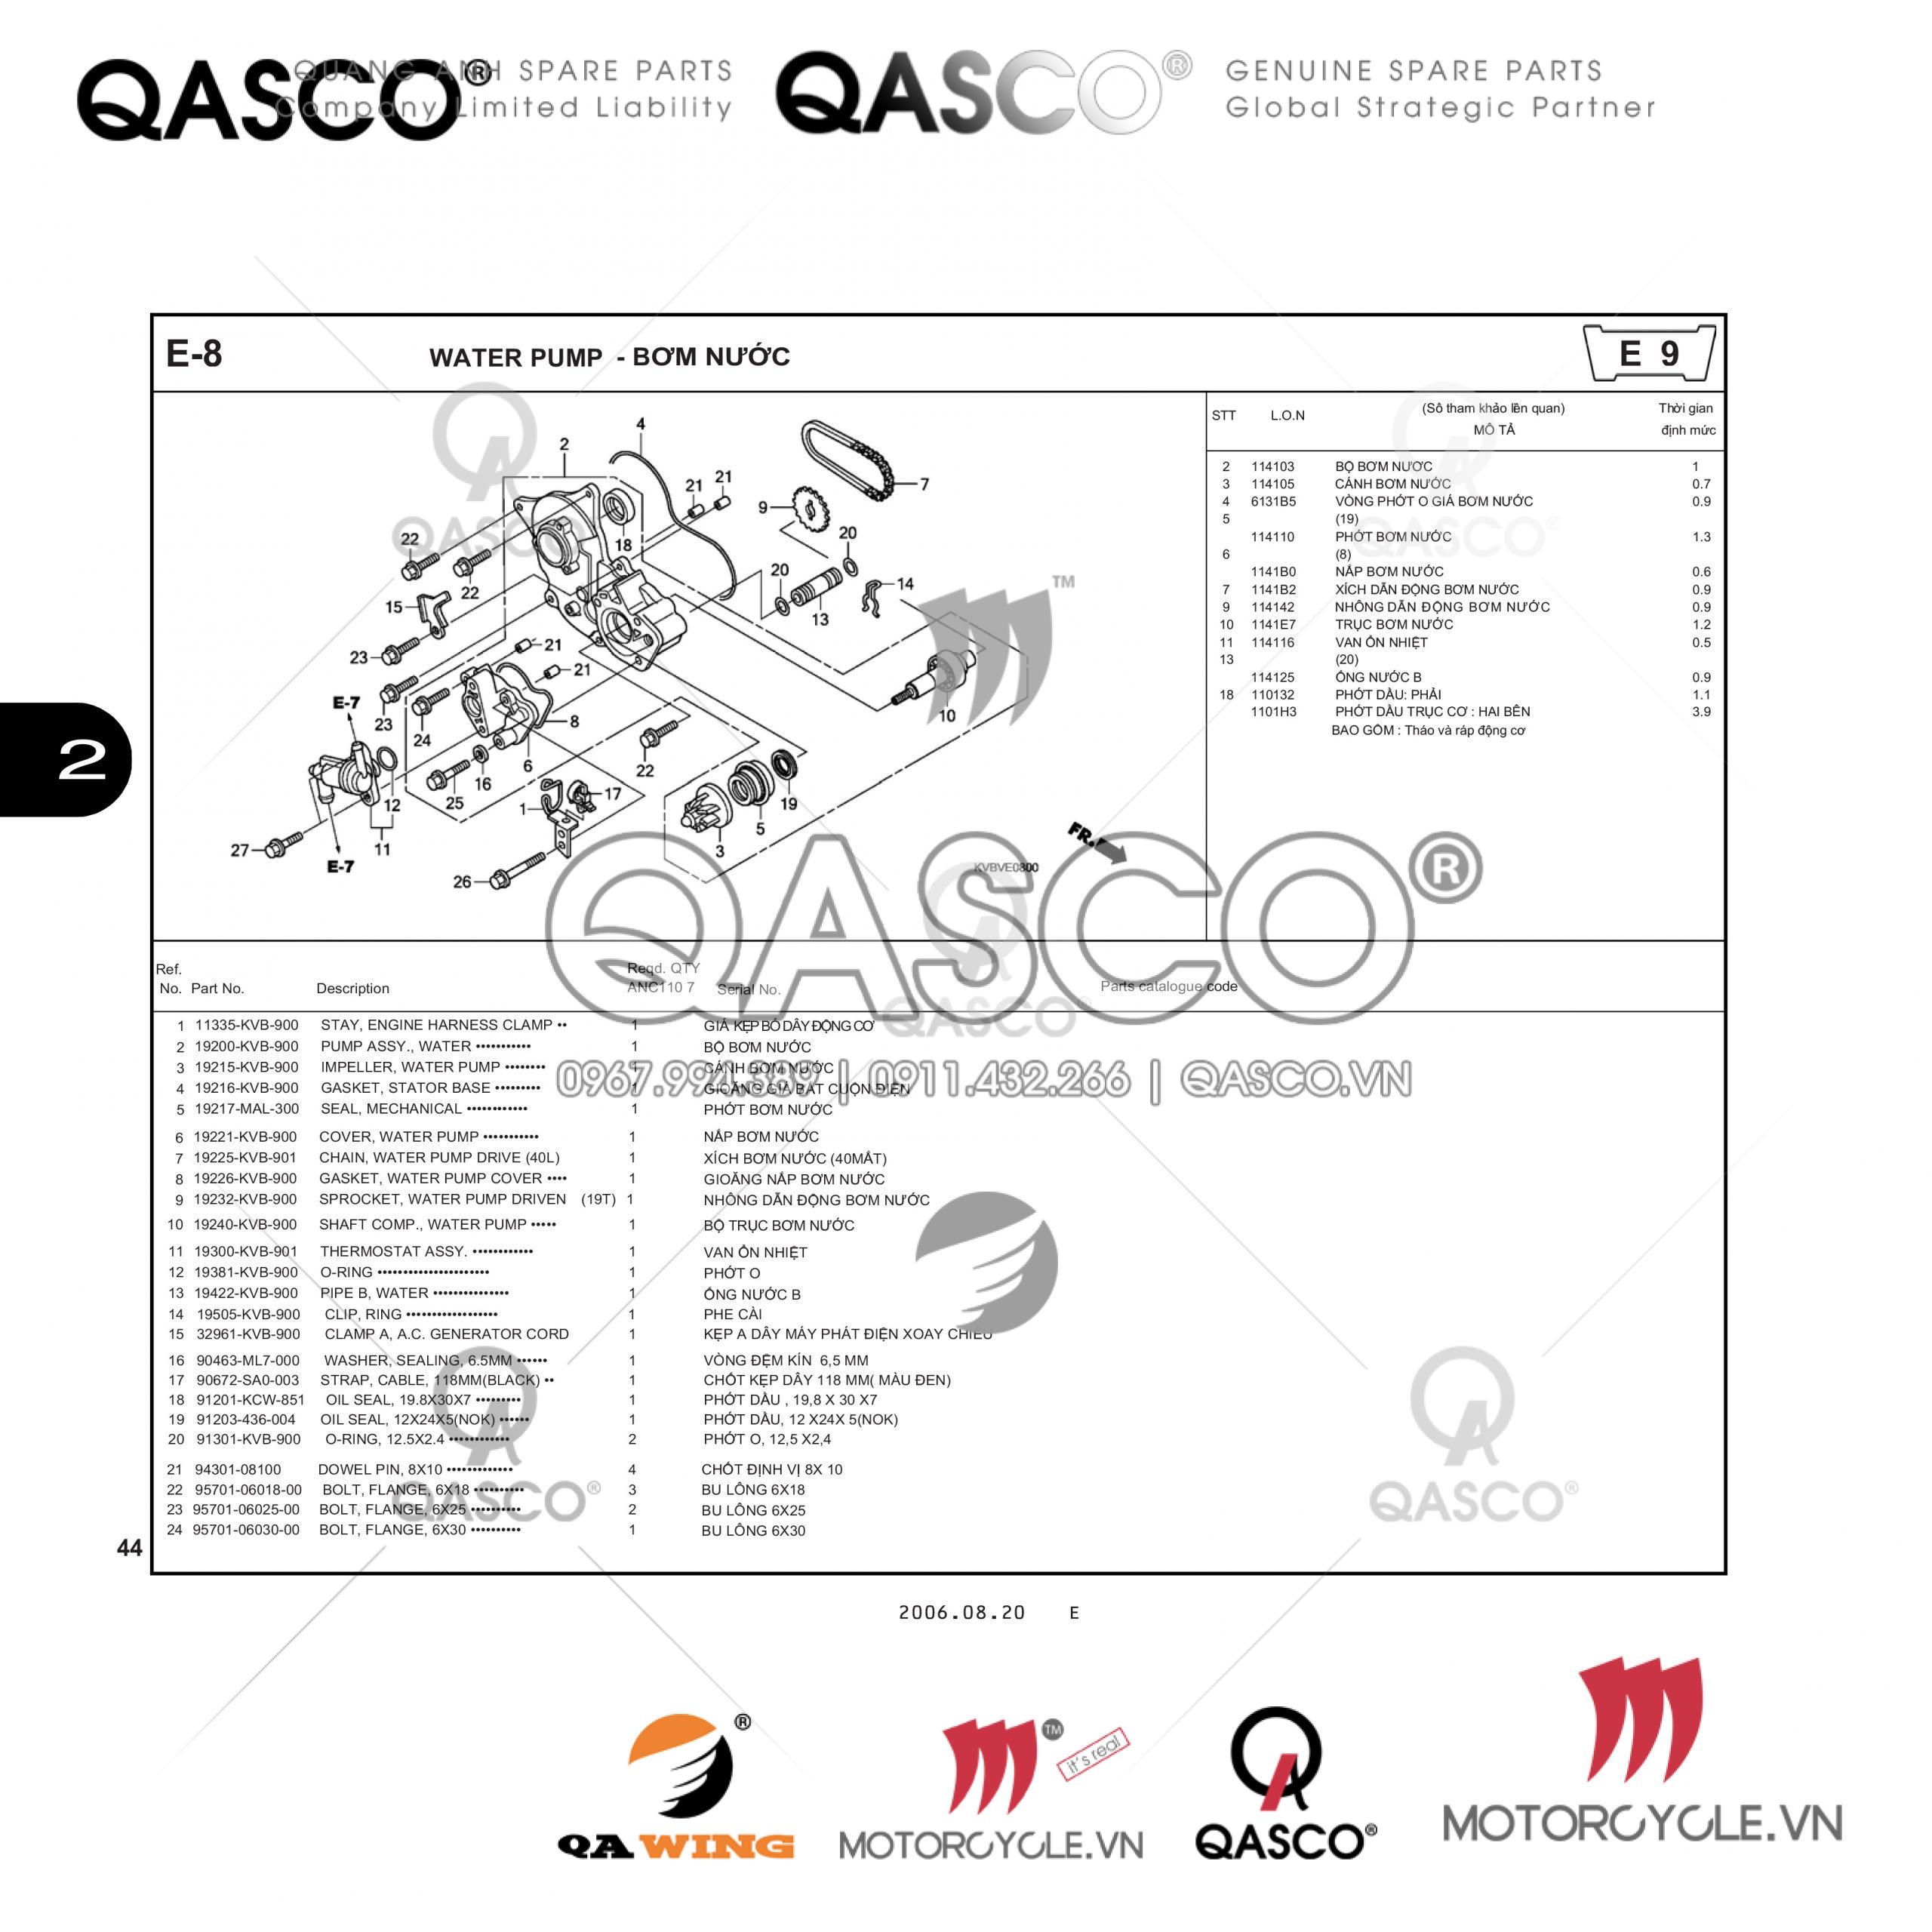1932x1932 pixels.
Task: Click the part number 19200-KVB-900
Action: point(246,1046)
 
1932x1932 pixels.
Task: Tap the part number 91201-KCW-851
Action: point(250,1400)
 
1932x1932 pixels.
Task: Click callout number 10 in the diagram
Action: point(946,715)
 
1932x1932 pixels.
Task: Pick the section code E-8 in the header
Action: point(194,354)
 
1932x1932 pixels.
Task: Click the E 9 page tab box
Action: point(1650,353)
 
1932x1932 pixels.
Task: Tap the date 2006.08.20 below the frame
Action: point(961,1612)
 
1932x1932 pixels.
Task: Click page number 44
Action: point(129,1548)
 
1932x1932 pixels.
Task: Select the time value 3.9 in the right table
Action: point(1701,712)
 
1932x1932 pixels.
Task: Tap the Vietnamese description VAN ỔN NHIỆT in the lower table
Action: point(755,1252)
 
